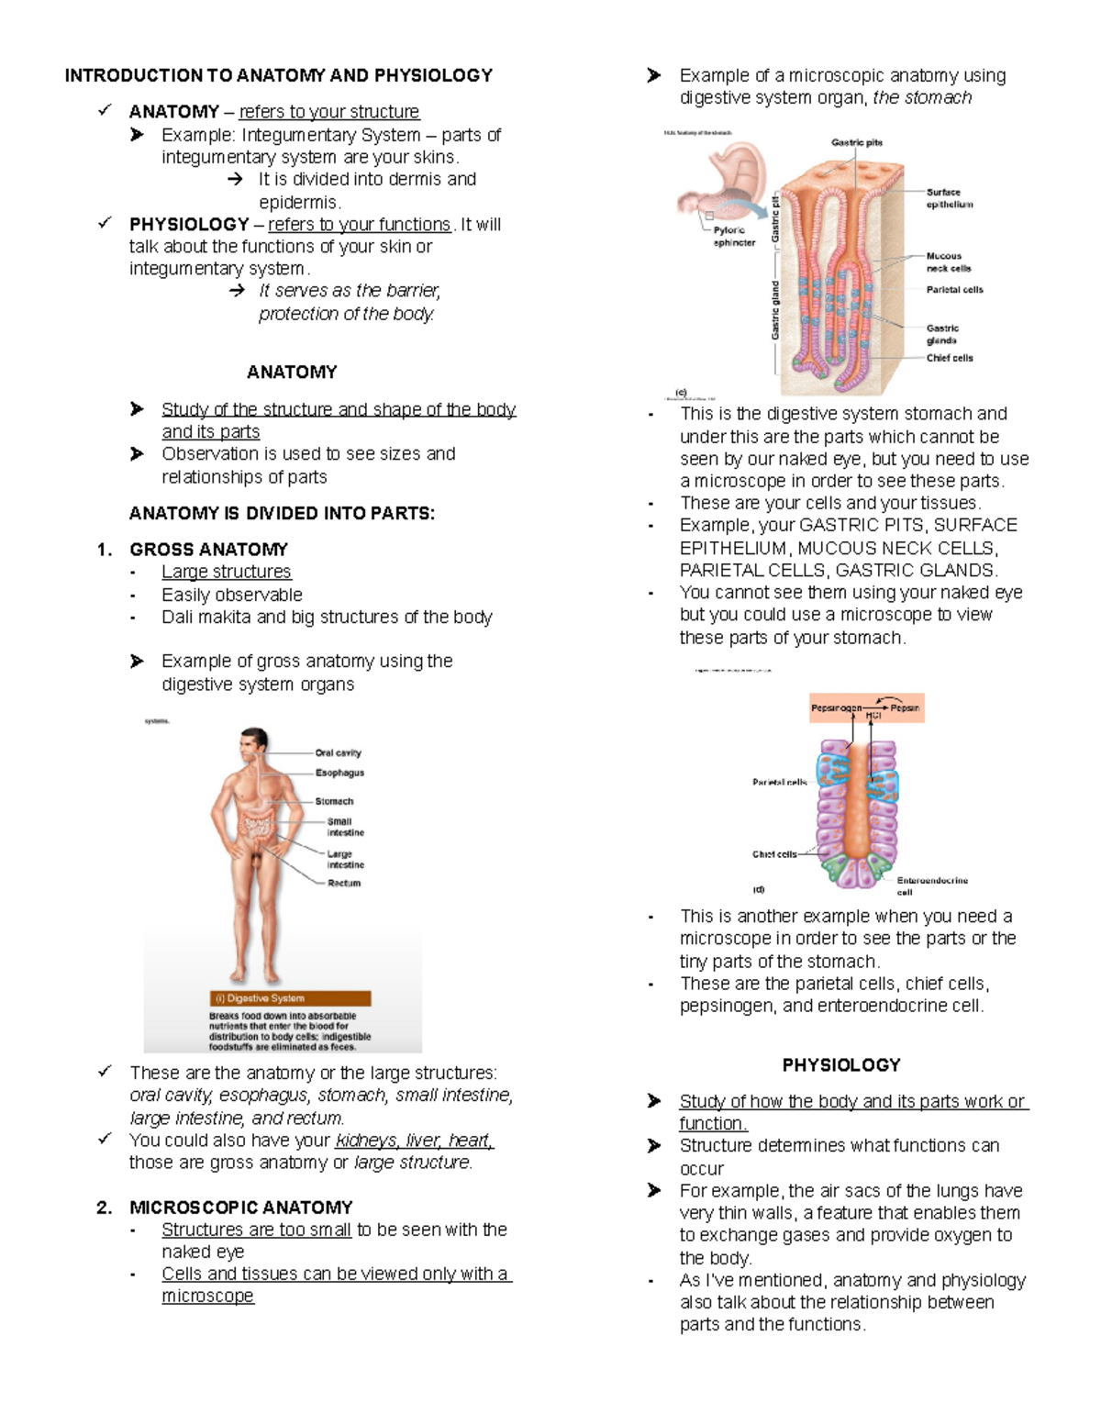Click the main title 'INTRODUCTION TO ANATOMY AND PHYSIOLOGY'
pos(279,75)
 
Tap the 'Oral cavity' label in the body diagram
pos(338,753)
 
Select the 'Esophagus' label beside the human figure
pos(339,773)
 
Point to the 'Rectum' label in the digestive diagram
pos(344,883)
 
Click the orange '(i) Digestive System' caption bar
pos(290,998)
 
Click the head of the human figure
pos(252,745)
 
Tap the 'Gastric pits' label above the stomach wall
pos(857,142)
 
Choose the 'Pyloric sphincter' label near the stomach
pos(733,237)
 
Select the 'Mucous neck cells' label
pos(948,262)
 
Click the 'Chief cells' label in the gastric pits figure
pos(950,358)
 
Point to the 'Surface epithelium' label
pos(949,198)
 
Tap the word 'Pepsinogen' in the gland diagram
pos(836,708)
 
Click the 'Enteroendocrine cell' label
pos(931,885)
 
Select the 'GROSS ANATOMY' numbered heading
pos(208,550)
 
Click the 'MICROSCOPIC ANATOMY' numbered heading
pos(240,1208)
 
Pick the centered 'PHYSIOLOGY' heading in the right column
pos(840,1065)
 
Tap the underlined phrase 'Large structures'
pos(226,572)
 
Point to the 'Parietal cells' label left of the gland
pos(779,783)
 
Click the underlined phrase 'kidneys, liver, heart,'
pos(414,1141)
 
